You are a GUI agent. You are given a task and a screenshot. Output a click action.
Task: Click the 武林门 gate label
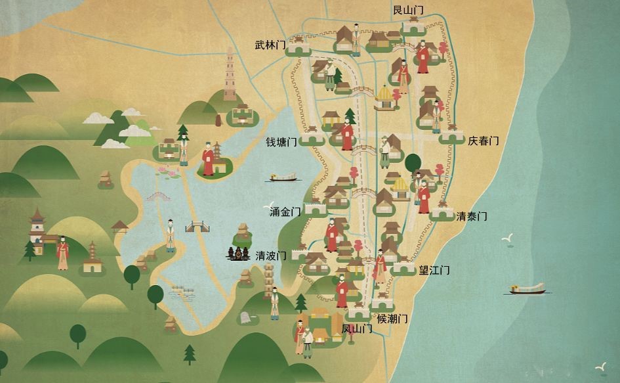point(270,45)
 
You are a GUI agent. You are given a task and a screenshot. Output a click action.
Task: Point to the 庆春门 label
point(484,141)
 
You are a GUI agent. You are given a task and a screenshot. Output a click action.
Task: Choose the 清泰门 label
point(472,216)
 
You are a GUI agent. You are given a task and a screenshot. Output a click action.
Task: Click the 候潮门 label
point(393,319)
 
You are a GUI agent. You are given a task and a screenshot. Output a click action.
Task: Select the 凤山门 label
point(357,328)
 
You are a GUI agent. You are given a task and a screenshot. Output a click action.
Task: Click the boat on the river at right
point(527,288)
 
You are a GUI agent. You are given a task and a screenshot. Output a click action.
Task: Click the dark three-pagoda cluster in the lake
point(238,254)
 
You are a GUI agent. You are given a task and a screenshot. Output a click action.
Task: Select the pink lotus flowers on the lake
point(168,173)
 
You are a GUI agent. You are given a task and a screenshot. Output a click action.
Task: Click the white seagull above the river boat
point(506,240)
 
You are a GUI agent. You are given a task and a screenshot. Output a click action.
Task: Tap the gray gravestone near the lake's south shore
point(245,317)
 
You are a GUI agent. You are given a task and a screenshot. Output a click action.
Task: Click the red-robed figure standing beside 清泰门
point(424,196)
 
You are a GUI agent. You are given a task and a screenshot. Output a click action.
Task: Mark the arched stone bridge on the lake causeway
point(158,196)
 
